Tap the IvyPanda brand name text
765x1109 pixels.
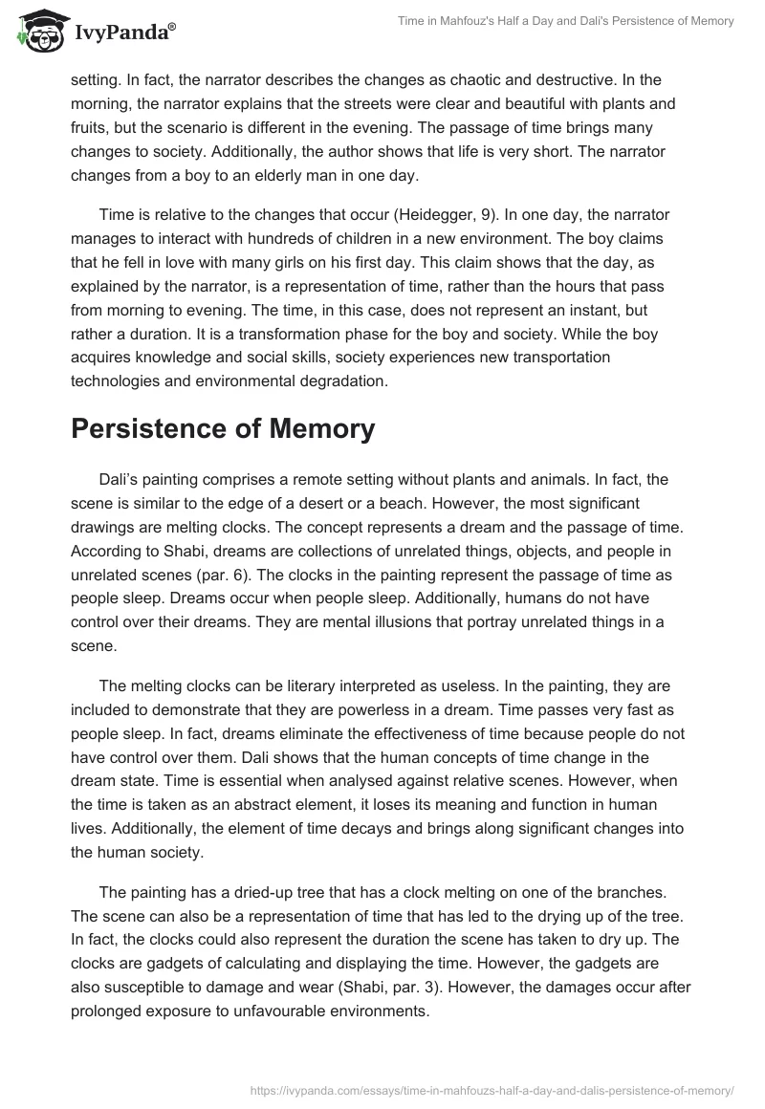pyautogui.click(x=125, y=31)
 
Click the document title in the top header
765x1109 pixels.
pyautogui.click(x=565, y=22)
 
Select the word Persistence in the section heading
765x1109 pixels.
pyautogui.click(x=145, y=429)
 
